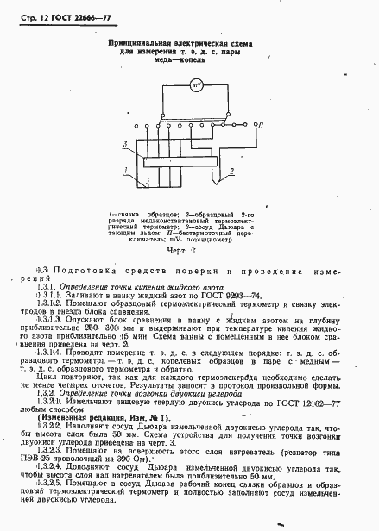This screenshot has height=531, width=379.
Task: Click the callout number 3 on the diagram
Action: click(x=127, y=144)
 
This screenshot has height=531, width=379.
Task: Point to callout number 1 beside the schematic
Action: click(x=127, y=169)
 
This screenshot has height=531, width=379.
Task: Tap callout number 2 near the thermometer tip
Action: click(x=231, y=172)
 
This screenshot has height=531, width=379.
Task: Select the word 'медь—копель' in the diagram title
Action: click(x=193, y=60)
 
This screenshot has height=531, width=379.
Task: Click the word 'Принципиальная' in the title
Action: click(x=137, y=41)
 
